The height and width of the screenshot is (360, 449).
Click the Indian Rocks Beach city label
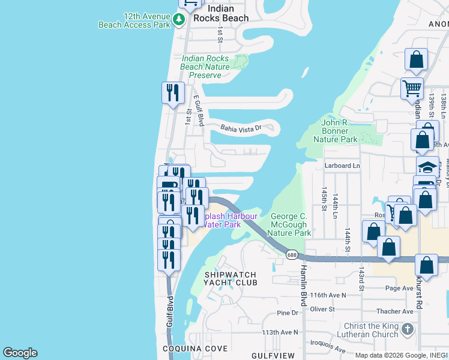click(x=228, y=13)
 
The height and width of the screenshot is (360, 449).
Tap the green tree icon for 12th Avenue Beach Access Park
click(x=178, y=20)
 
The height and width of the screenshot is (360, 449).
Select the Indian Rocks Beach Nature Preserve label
click(x=205, y=67)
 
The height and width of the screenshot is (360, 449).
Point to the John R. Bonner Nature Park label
click(x=336, y=131)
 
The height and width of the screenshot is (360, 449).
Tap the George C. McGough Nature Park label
click(x=290, y=224)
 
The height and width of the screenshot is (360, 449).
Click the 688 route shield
click(x=292, y=255)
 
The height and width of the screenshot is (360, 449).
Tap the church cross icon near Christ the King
click(x=407, y=329)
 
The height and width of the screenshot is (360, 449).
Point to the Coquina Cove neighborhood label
click(x=195, y=349)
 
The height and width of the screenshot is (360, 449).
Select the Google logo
click(x=20, y=353)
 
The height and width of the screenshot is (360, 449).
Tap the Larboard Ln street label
click(x=342, y=166)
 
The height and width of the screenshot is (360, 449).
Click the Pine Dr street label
click(x=288, y=313)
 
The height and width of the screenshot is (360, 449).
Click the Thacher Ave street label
click(x=395, y=311)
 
